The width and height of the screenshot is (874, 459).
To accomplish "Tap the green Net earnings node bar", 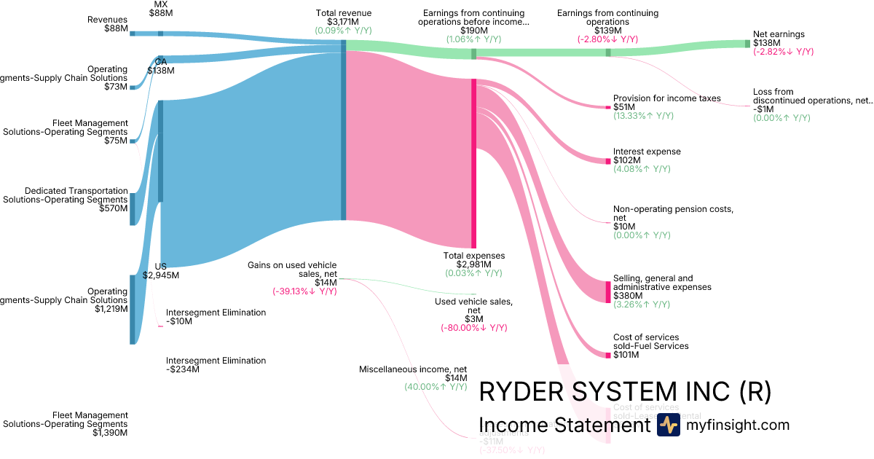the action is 747,44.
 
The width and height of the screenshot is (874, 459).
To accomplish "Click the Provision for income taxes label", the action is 666,98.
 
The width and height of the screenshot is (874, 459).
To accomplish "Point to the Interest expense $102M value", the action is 627,160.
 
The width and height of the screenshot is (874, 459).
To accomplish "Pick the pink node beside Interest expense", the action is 607,160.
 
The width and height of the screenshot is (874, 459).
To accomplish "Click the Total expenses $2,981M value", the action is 474,264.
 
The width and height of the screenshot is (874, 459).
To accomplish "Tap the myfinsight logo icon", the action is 668,425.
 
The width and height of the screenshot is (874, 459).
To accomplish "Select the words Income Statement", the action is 564,425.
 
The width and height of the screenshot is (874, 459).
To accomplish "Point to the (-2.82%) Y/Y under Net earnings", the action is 783,52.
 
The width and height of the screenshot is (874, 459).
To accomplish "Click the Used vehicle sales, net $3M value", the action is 474,319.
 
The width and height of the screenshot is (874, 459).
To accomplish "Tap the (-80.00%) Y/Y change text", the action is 474,328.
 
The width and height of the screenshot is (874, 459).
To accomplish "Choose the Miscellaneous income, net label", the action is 413,369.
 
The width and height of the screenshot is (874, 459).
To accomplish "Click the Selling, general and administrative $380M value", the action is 628,296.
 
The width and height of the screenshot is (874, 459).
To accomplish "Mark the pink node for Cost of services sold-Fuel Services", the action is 607,355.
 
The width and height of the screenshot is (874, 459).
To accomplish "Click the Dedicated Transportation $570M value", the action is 113,208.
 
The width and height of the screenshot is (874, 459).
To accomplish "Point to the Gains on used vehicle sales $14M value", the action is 326,283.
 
